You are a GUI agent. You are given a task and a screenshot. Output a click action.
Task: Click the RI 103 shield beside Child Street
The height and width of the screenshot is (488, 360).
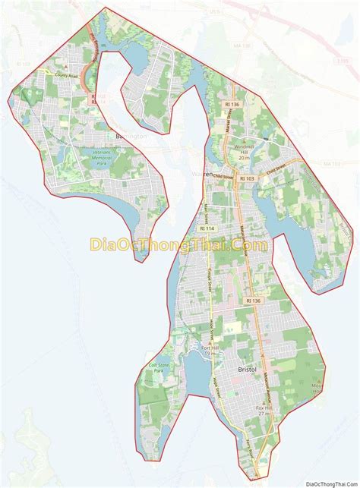[x=248, y=178]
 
